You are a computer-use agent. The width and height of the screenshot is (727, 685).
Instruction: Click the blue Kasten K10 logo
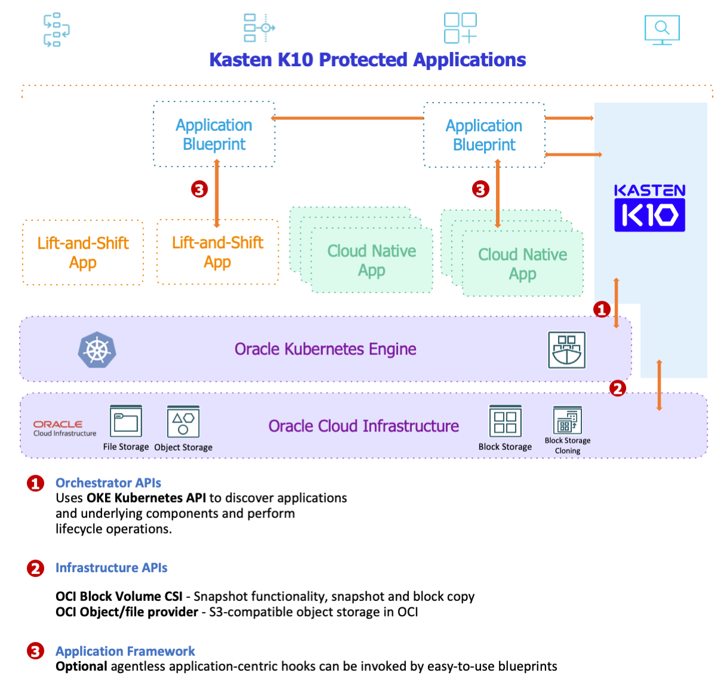(649, 208)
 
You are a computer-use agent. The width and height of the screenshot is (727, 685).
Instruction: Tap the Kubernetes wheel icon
(97, 350)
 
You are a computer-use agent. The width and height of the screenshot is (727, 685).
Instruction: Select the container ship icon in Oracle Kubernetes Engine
(566, 350)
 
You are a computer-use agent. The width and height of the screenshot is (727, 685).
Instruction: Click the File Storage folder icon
(126, 422)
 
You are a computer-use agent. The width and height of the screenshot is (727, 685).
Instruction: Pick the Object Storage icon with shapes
(183, 422)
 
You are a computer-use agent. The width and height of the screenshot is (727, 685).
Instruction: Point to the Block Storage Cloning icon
(567, 421)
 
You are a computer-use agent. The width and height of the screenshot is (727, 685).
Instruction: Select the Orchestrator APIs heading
(108, 483)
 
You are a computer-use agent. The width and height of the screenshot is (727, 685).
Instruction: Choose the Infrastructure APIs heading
(111, 567)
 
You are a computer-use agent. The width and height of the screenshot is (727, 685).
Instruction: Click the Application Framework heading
(125, 651)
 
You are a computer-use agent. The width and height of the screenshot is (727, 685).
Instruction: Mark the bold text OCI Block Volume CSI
(119, 596)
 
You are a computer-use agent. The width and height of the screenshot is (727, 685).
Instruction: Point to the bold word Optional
(81, 667)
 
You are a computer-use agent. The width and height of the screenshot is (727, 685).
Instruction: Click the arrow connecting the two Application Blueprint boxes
(349, 118)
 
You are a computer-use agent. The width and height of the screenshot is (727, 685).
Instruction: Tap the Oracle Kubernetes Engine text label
(325, 349)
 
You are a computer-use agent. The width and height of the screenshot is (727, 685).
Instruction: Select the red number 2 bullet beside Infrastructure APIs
(35, 568)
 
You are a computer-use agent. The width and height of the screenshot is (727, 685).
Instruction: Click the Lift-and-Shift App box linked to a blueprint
(217, 252)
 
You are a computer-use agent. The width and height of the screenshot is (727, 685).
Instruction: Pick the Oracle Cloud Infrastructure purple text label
(363, 426)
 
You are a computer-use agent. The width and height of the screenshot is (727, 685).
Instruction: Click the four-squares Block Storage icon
(505, 422)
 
